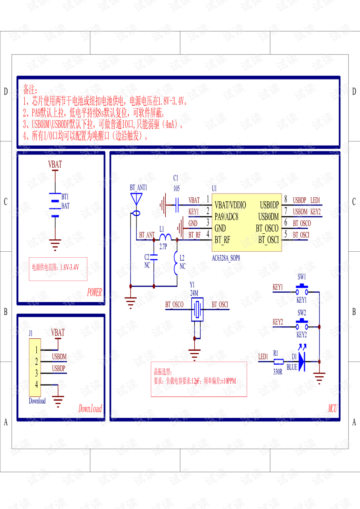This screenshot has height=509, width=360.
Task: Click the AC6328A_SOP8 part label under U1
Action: (226, 258)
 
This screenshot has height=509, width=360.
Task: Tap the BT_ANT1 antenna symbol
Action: (136, 199)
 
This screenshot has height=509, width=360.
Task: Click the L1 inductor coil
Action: (165, 237)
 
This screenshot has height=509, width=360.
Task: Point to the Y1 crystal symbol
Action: (197, 309)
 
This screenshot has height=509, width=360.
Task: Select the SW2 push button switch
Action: (302, 324)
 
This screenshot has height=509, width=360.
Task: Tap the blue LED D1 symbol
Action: (302, 362)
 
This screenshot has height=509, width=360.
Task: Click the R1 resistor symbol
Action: (278, 362)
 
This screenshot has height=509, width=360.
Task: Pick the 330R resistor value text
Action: (278, 372)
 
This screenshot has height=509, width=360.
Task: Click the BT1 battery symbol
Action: (55, 206)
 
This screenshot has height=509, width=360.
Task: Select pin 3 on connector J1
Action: (36, 373)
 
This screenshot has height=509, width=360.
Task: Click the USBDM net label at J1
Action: (59, 356)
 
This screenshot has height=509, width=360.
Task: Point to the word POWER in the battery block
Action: (94, 292)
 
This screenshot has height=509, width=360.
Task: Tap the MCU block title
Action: (332, 408)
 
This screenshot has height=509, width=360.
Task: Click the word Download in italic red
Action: (90, 408)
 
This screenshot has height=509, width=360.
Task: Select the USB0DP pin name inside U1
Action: (269, 205)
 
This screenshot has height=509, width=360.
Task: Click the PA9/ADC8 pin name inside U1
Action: (226, 217)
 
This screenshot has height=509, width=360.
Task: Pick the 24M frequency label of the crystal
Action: (194, 293)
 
